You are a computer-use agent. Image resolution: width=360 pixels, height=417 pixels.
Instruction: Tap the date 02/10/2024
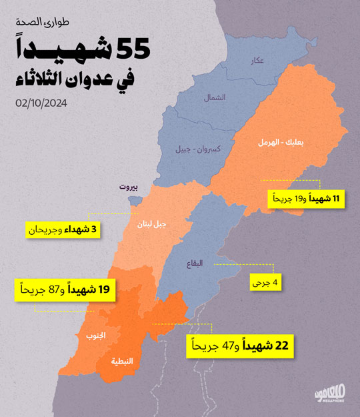(x=43, y=103)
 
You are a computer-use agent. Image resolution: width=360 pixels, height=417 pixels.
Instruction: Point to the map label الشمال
(x=215, y=97)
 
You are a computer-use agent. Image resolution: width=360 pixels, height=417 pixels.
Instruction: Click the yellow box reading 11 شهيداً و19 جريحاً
(x=307, y=199)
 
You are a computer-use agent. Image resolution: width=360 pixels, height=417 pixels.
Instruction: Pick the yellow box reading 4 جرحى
(x=265, y=282)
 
